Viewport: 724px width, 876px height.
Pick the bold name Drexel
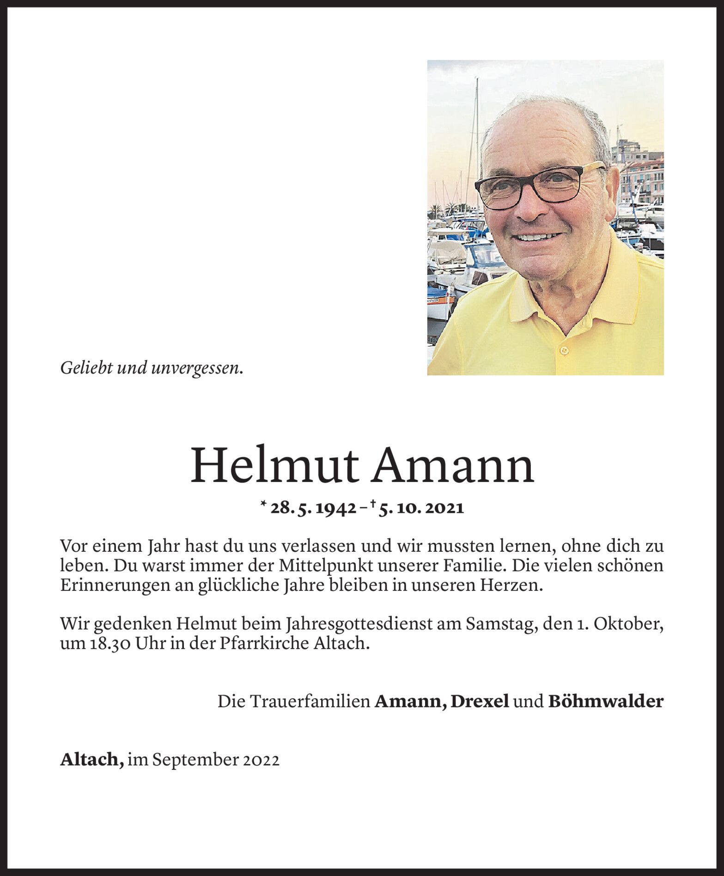click(480, 702)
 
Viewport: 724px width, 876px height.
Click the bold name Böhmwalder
click(606, 702)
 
